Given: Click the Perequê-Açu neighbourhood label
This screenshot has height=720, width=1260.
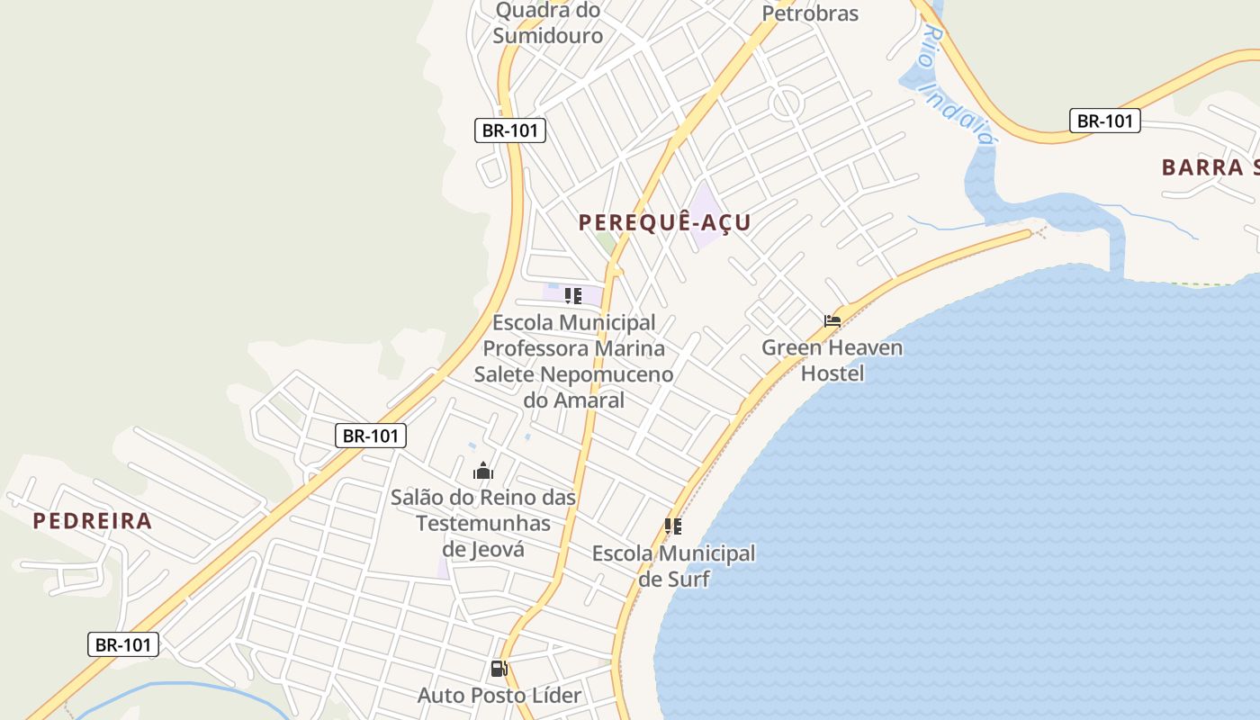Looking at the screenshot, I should [664, 222].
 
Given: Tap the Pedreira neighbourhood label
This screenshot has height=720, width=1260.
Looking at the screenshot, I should [93, 521].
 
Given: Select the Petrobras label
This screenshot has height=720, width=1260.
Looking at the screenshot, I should [810, 13].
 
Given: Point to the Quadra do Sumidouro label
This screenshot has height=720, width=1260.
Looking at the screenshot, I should [548, 23].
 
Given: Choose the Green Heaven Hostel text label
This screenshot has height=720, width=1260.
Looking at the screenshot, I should [832, 360].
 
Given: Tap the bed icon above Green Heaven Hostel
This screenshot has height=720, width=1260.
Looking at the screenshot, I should [832, 320].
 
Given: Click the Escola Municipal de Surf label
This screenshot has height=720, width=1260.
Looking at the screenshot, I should [673, 566].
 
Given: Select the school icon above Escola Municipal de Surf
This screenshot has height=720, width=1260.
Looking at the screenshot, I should [673, 526].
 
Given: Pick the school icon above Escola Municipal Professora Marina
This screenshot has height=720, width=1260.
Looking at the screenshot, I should [573, 295].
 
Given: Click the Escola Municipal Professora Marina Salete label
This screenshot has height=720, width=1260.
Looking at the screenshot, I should [574, 360].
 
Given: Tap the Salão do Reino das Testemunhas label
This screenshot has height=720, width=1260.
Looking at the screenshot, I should [483, 522].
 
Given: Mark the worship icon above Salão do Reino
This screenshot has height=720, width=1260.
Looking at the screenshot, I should [483, 471].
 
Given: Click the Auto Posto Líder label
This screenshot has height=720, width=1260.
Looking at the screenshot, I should [499, 695].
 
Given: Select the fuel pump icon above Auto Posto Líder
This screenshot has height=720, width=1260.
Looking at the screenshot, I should [499, 669].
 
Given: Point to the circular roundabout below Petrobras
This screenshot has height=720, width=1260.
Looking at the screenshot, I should [787, 102].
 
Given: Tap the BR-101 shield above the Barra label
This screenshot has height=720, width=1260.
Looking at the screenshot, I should [1104, 121].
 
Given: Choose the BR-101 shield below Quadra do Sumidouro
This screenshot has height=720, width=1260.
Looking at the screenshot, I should [510, 130].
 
